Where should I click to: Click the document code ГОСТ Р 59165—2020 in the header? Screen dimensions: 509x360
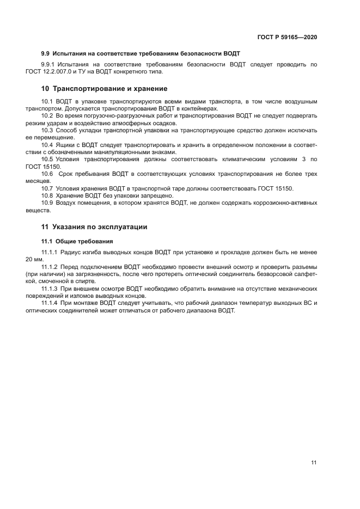pos(286,38)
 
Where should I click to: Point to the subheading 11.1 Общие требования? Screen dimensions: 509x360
pos(77,241)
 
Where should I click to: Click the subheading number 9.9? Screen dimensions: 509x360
pos(46,53)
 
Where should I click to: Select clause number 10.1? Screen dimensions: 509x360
pos(48,102)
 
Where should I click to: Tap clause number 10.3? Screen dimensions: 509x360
pos(48,130)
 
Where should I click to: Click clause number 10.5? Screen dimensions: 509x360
pos(48,159)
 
